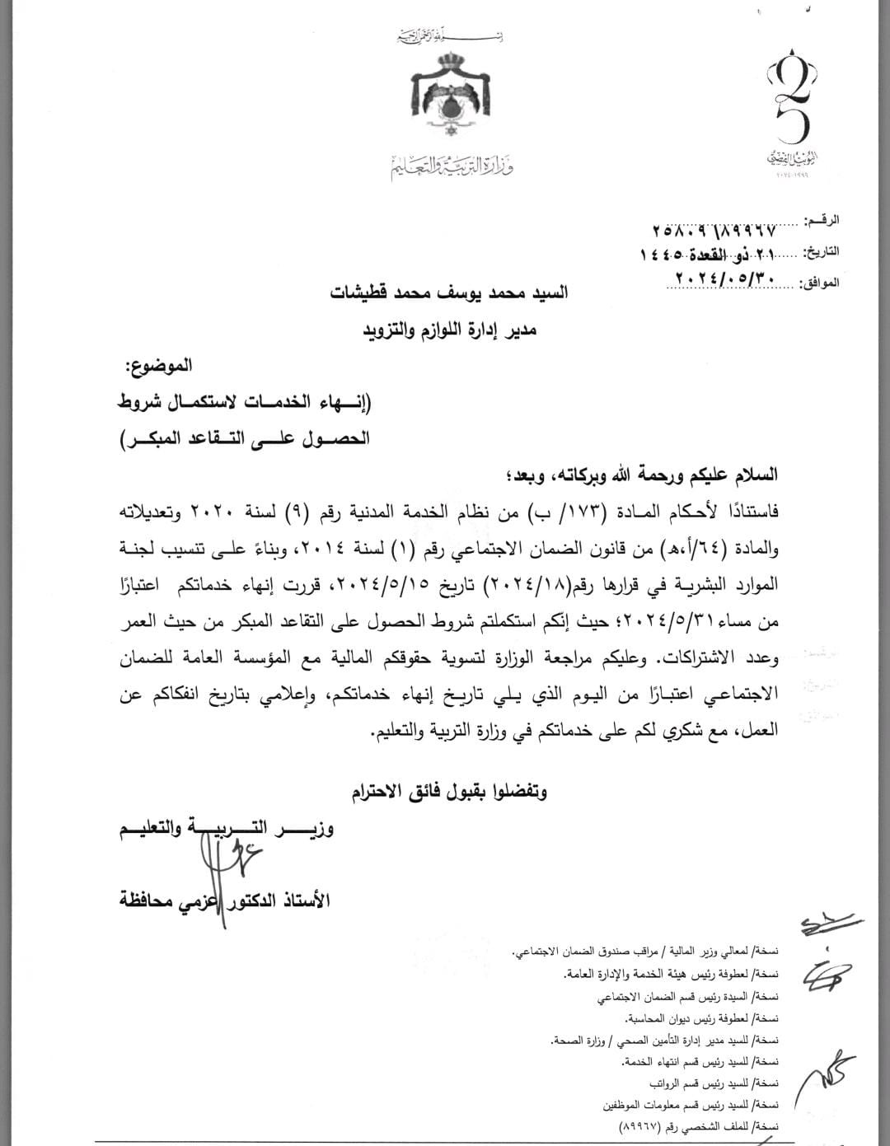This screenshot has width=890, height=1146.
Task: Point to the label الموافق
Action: [x=820, y=283]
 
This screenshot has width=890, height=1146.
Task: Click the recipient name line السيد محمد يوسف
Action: [x=449, y=293]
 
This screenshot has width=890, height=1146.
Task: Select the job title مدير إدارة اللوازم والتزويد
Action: [x=450, y=330]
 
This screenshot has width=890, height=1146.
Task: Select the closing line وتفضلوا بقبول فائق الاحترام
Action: [x=449, y=793]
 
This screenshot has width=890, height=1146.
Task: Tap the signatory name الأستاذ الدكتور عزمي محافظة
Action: [x=224, y=900]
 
